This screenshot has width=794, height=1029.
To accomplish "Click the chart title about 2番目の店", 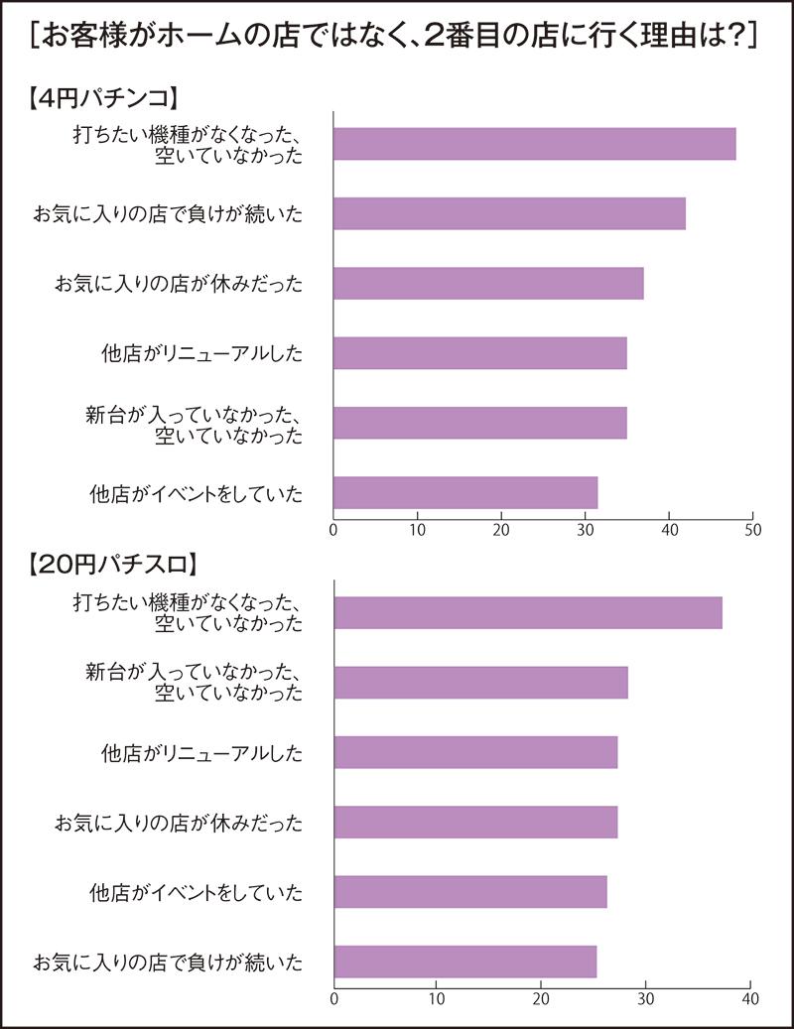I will coord(396,37).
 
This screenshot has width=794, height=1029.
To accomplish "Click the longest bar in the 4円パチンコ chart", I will coord(534,144).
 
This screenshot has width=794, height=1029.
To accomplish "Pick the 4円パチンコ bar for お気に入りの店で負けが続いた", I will coord(509,213).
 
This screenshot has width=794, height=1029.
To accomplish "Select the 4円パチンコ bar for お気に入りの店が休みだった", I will coord(488,284).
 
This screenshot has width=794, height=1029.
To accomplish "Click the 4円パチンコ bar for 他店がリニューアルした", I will coord(479,353).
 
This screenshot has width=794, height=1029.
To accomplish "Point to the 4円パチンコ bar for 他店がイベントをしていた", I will coord(465,492).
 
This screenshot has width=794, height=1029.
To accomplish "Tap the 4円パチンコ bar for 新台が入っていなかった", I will coord(479,423).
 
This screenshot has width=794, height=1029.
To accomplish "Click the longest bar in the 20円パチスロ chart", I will coord(528,612).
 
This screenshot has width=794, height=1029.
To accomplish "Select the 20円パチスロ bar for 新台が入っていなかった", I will coord(480,683).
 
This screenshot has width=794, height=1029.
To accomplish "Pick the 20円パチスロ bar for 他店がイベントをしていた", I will coord(470,892).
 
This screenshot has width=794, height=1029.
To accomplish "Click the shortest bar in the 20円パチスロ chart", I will coord(465,962).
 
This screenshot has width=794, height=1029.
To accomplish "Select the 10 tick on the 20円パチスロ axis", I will coord(438,997).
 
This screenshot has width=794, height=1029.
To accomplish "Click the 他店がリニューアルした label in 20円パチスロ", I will coord(201,753).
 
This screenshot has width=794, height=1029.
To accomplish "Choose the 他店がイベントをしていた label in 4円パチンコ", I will coord(195,493).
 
